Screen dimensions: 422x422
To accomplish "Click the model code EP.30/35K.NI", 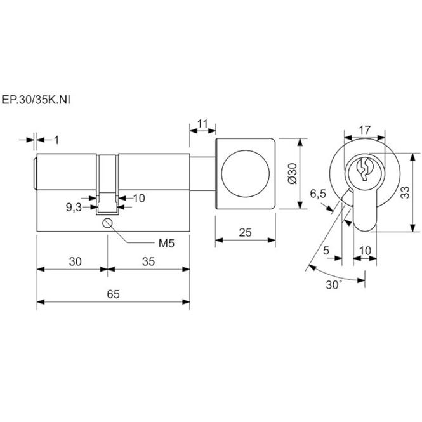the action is point(36,100).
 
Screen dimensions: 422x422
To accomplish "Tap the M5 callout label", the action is point(166,243).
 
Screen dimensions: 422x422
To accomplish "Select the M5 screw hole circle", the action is point(107,223).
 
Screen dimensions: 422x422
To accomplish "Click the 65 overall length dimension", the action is point(113,294).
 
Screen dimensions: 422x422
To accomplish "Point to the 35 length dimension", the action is point(148,261).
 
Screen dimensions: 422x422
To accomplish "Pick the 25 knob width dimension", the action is point(245,232).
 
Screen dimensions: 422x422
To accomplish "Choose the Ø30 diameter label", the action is point(293,173).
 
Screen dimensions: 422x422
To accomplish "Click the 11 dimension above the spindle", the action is point(202,124).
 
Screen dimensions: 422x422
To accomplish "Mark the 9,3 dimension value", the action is point(74,208).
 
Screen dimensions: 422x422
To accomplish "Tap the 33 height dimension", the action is point(405,192).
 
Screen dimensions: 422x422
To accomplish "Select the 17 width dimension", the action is point(365,130).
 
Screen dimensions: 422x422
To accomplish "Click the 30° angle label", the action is point(334,285).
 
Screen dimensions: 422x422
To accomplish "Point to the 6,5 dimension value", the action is point(318,194).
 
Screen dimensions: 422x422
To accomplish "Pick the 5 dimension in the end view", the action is point(326,251).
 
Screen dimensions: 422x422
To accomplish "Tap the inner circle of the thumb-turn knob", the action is point(245,174).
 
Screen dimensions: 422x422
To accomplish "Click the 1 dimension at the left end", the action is point(56,140).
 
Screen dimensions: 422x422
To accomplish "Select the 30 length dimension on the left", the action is point(75,261).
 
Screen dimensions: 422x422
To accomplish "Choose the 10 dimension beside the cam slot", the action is point(139,198).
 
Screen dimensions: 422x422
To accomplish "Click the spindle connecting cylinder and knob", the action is point(202,174).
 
